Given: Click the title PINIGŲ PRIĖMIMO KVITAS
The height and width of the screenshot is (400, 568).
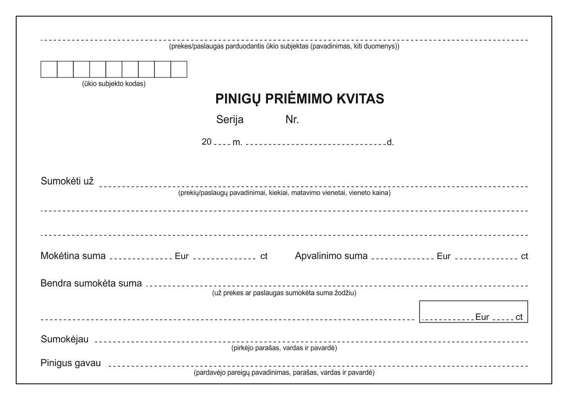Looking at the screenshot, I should coord(300,99).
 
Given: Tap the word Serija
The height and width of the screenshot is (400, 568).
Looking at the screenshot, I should coord(229,120).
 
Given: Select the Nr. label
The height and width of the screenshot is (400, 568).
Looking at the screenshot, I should coord(292,120).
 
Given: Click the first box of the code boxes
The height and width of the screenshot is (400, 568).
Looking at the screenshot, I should coord(49,69).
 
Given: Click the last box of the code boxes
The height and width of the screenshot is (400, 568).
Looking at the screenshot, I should coord(179,69).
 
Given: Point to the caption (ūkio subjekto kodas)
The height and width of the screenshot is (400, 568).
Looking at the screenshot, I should coord(114,84).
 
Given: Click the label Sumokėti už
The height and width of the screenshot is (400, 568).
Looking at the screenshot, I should coord(67,181).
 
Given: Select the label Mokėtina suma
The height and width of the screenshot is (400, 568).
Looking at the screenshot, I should coord(73,256).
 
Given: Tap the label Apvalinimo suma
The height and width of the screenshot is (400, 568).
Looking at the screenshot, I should coord(331,256).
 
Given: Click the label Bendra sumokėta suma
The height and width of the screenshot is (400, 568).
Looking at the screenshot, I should coord(91,283).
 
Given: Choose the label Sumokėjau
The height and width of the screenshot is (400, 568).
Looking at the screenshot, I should coord(65,339).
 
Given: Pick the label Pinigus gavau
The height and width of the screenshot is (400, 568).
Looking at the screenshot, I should coord(71,363).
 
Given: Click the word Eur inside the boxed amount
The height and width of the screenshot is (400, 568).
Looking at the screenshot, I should coord(482,317).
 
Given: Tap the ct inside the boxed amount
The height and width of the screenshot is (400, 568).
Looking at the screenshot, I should coord(519,317).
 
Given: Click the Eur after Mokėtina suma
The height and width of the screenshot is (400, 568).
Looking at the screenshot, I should coord(182,256).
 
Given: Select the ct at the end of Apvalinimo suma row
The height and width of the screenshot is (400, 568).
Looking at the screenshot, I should coord(524,256).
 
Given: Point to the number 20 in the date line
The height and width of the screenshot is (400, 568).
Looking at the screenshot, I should coord(207,142).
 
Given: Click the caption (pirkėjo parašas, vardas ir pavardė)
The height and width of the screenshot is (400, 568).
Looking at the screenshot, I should coord(284,348).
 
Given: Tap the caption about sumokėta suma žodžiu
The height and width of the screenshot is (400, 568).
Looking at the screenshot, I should coord(284,293).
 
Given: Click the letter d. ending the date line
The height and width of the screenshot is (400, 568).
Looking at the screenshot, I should coord(390,142).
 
